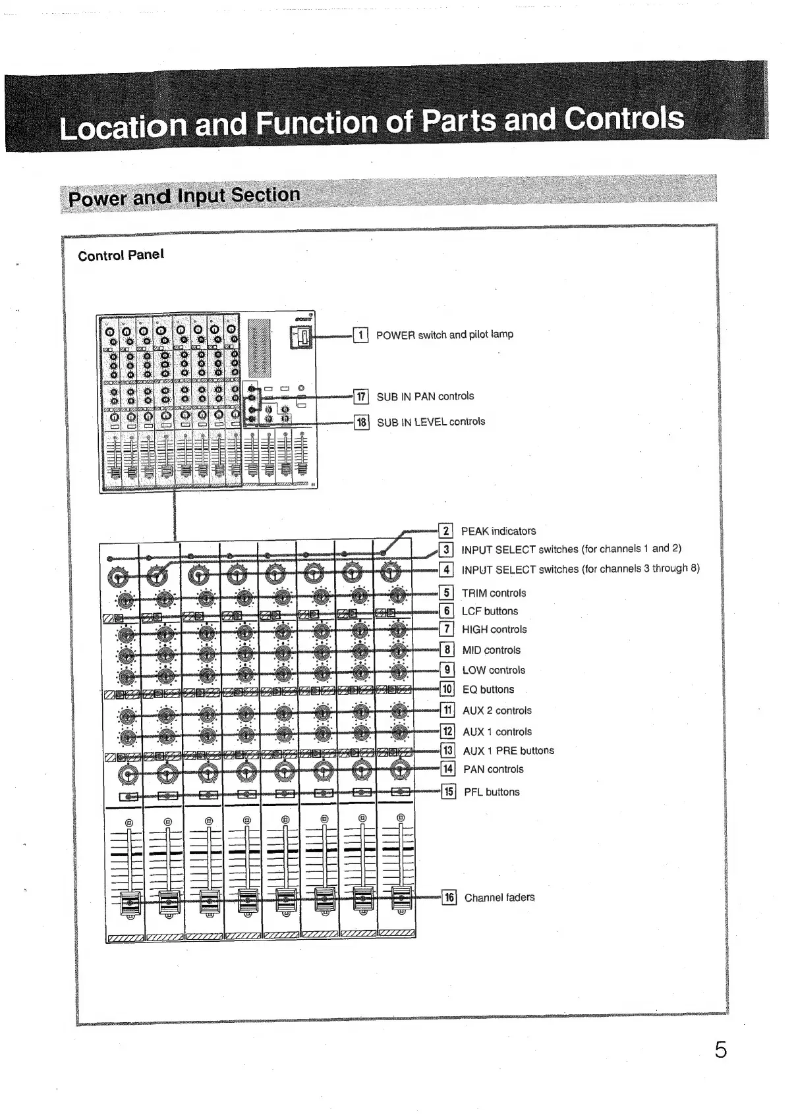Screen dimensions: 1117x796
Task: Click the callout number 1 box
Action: [360, 335]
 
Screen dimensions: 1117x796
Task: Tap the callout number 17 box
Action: [361, 396]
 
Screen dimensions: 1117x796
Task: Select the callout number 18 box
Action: [362, 422]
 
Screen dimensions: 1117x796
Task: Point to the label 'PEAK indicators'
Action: [498, 531]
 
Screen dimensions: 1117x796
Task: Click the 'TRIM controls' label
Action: [494, 593]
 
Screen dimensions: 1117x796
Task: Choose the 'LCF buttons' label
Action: [490, 611]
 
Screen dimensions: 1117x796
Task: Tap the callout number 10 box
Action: [447, 690]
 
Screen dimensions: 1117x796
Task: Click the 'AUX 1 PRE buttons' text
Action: [508, 751]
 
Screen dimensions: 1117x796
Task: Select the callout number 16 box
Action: [449, 897]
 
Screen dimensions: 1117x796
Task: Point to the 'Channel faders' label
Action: [499, 897]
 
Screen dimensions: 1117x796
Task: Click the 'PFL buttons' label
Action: [492, 792]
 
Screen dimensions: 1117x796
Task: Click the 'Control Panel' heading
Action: [121, 255]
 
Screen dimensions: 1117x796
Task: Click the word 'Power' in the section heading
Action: [98, 198]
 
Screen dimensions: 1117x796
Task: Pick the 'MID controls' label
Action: [491, 650]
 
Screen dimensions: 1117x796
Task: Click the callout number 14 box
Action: [448, 769]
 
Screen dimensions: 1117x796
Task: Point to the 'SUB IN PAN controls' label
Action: [425, 396]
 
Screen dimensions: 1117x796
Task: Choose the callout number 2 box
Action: [446, 531]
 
